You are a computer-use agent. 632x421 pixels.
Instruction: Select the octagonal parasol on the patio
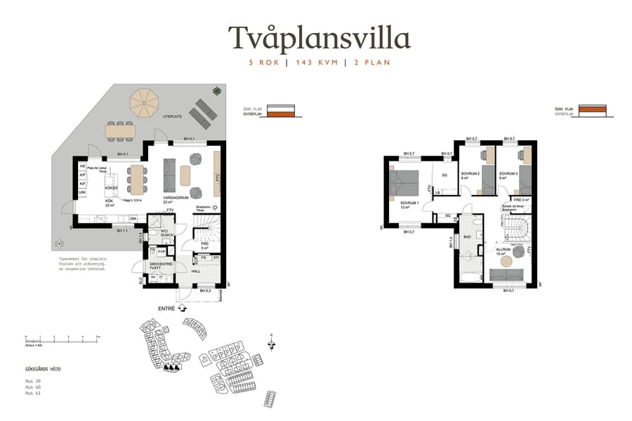pos(145,102)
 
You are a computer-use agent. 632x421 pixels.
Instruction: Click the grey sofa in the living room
pos(169,175)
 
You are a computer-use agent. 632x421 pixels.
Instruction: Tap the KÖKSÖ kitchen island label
pos(110,188)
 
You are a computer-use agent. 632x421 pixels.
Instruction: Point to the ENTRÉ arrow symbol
pos(183,307)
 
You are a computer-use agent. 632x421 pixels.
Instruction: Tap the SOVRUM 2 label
pos(470,173)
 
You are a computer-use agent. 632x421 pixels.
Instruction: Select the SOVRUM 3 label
pos(508,173)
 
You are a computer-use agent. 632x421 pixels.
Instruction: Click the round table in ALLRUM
pos(506,262)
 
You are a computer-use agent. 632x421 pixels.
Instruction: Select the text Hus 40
pos(32,387)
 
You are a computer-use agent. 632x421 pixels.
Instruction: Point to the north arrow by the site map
pos(271,342)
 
